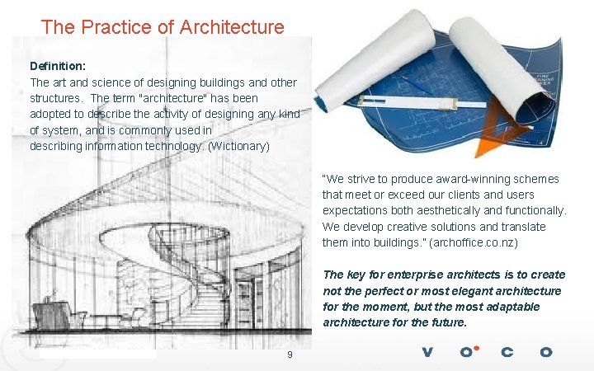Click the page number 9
[289, 355]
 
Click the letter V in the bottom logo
[427, 353]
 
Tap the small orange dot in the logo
[476, 347]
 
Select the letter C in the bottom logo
[507, 353]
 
